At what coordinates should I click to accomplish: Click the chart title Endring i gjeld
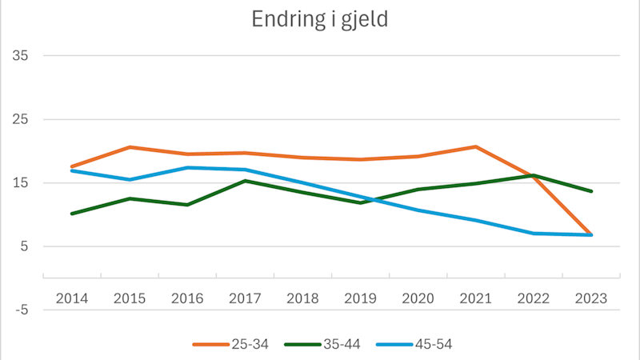click(319, 19)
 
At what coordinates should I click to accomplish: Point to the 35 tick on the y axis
click(20, 56)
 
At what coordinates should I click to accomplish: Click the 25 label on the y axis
click(20, 119)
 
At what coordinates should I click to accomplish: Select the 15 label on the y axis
click(20, 183)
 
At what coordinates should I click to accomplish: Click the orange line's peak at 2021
click(476, 146)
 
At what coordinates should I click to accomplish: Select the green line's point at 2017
click(245, 181)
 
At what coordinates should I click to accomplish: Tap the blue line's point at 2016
click(187, 167)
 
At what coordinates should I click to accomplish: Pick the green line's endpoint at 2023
click(591, 191)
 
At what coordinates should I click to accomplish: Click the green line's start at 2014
click(72, 214)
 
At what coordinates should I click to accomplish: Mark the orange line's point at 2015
click(130, 147)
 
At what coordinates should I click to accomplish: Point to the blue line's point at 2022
click(534, 234)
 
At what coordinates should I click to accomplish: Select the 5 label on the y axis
click(23, 246)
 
